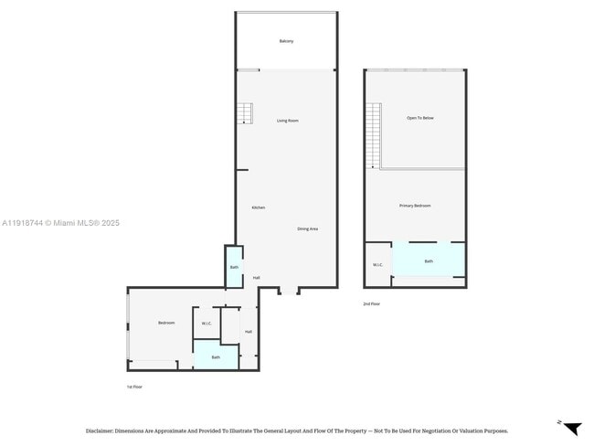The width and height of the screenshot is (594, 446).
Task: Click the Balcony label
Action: tap(286, 42)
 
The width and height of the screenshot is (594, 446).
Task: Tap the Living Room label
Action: tap(288, 121)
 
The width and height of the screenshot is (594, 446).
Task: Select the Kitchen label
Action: tap(259, 207)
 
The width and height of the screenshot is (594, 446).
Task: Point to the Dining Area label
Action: tap(307, 228)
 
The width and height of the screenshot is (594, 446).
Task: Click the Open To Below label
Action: tap(420, 118)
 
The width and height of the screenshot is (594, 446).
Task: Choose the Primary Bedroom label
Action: tap(415, 206)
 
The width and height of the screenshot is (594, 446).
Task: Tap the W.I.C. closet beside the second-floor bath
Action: tap(377, 265)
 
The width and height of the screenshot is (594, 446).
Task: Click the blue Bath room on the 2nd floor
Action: tap(429, 260)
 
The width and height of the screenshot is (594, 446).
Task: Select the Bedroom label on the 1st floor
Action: tap(165, 323)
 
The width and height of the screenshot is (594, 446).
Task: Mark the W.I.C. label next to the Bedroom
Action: tap(207, 323)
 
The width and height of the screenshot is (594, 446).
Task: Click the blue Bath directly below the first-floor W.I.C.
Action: tap(216, 356)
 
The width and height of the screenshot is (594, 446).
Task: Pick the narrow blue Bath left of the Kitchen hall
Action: tap(234, 267)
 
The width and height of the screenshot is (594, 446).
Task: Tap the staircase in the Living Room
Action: tap(244, 113)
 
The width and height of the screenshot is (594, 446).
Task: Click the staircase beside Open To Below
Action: tap(374, 135)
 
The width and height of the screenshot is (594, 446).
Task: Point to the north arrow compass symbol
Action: tap(571, 428)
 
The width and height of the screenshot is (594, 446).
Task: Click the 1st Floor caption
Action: tap(134, 387)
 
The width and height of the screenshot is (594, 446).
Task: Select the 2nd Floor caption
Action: tap(371, 303)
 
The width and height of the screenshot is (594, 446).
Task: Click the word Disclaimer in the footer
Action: tap(99, 430)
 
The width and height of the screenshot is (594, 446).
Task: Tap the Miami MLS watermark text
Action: tap(60, 223)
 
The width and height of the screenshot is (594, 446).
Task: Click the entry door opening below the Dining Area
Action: tap(288, 291)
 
